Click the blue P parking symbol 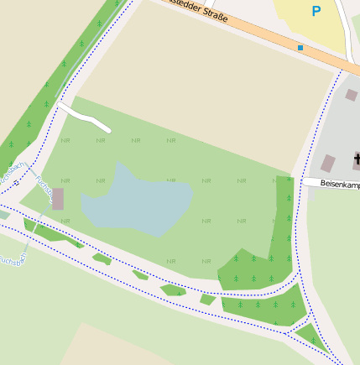click(x=316, y=12)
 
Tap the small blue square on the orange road click(x=300, y=48)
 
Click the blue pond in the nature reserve click(x=134, y=200)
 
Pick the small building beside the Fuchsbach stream click(x=58, y=199)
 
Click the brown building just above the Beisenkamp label click(x=328, y=163)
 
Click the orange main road click(x=252, y=33)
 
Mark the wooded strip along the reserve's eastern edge click(x=284, y=218)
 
